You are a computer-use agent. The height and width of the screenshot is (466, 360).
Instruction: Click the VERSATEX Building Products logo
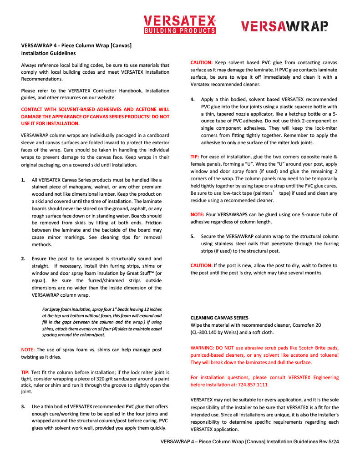179,24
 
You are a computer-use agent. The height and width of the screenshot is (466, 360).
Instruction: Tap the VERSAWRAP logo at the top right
284,26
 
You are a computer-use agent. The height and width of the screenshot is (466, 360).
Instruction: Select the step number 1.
23,180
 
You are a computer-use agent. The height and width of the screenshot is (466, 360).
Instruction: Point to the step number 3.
23,406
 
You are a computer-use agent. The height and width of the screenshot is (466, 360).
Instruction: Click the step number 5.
193,236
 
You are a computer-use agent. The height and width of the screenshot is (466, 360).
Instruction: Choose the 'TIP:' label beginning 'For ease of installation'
195,157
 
